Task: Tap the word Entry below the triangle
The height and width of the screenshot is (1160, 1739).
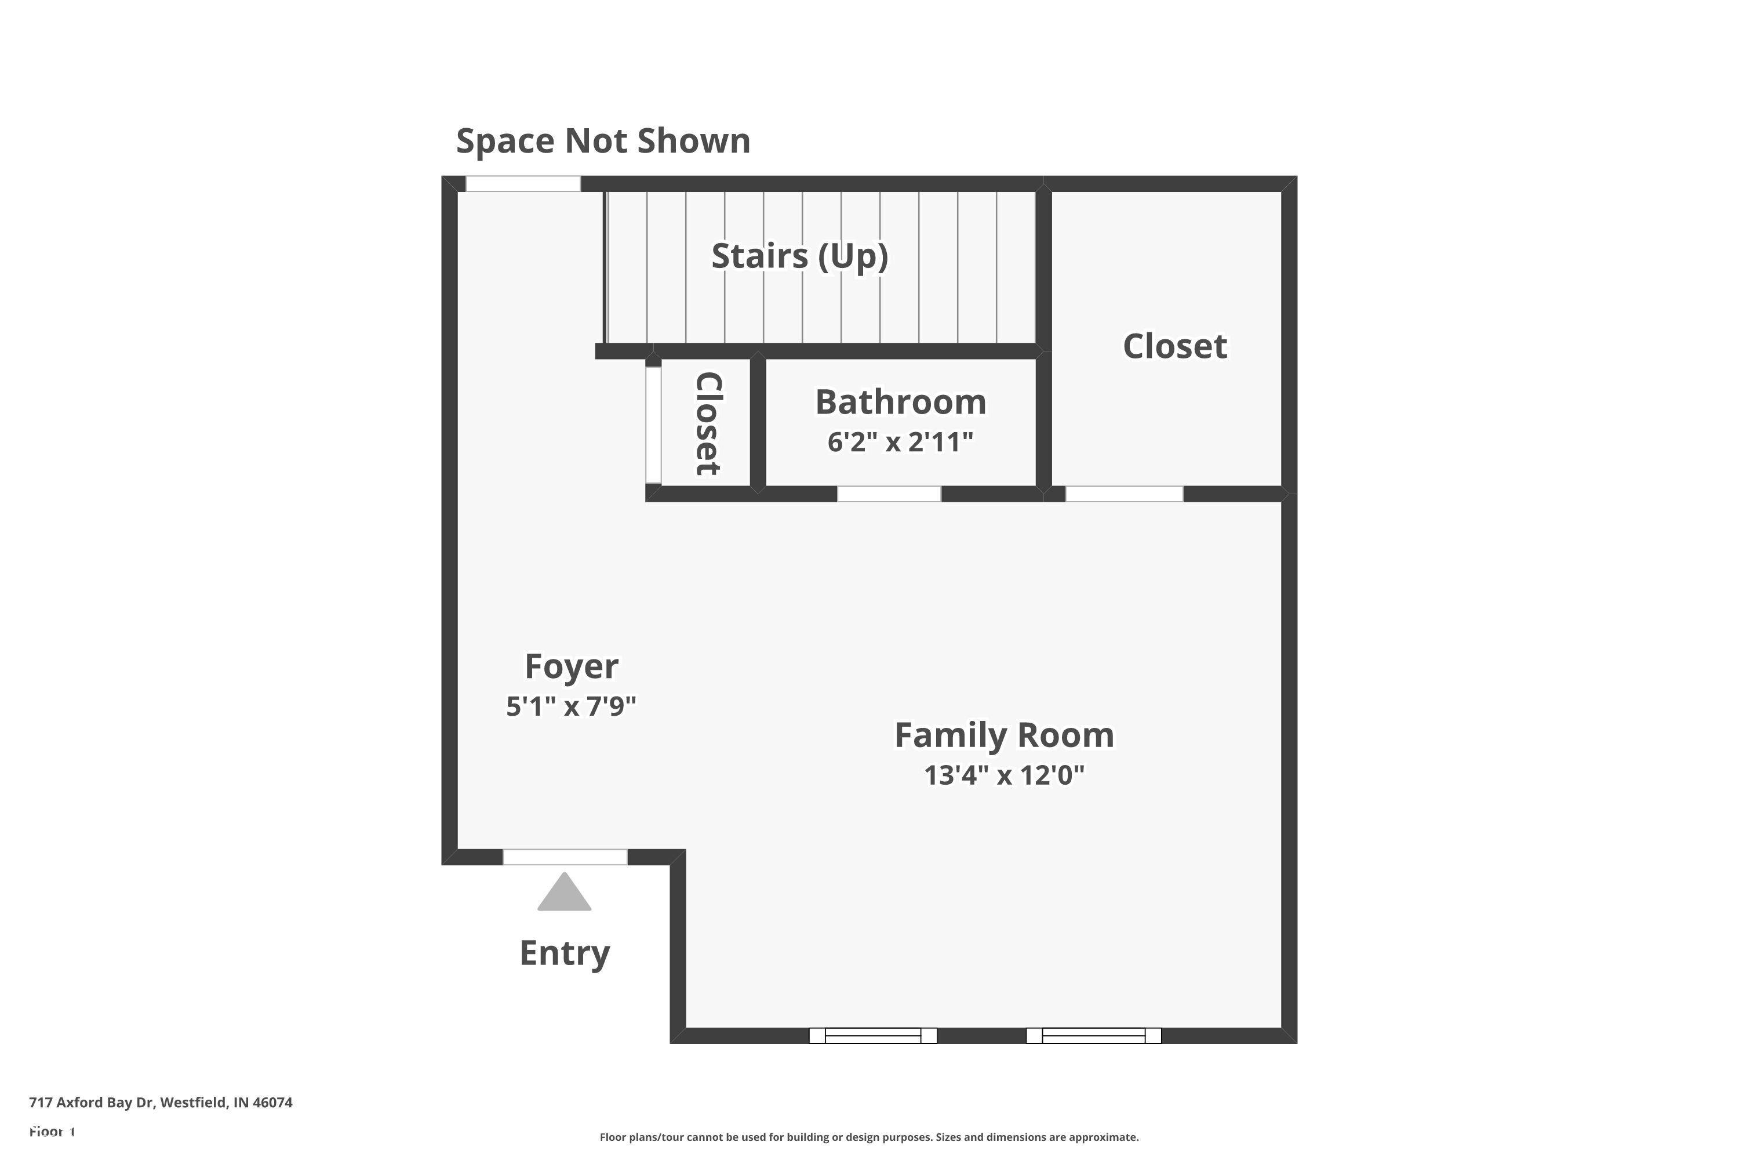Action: (564, 953)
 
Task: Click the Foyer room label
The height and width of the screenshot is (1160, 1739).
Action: (571, 666)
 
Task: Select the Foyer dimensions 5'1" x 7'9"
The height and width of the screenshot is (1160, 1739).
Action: (571, 706)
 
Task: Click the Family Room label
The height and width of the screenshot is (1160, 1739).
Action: (1003, 735)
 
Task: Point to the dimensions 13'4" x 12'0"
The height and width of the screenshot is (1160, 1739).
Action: (1003, 775)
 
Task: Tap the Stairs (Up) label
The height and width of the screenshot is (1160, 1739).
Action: (799, 256)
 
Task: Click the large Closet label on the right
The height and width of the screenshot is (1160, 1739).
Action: (1174, 346)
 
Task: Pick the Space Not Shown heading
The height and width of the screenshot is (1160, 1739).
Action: (603, 140)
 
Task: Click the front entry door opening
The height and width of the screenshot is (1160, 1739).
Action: (564, 857)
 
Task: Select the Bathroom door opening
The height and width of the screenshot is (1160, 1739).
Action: (888, 494)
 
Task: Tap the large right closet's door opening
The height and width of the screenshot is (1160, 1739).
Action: (1123, 494)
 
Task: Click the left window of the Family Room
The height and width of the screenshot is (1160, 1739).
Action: (872, 1036)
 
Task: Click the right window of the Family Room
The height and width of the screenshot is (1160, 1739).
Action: (1093, 1036)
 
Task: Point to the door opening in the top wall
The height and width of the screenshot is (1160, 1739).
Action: (522, 183)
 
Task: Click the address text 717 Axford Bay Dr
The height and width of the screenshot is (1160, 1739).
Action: (161, 1103)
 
